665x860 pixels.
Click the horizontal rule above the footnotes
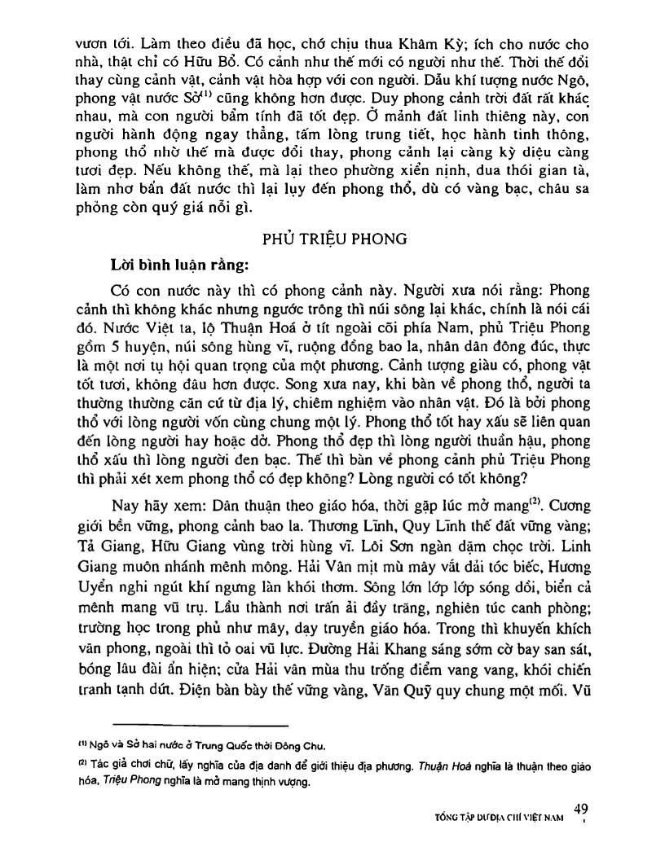coord(200,723)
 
